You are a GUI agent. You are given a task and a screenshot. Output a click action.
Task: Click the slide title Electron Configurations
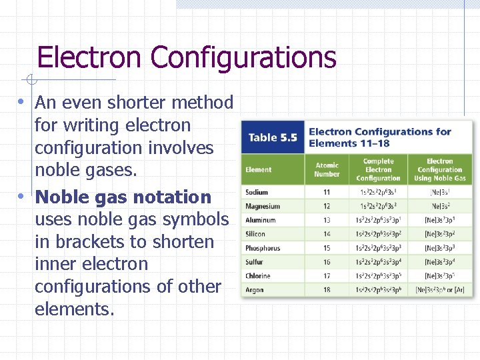point(187,57)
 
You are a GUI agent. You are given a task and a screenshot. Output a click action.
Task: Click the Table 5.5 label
point(272,137)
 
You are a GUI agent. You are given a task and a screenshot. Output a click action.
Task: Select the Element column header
point(259,170)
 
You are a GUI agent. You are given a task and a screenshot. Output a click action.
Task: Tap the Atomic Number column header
point(327,170)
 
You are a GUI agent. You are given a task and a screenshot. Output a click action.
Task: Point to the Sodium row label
point(257,193)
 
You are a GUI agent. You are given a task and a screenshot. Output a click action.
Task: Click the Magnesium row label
point(263,207)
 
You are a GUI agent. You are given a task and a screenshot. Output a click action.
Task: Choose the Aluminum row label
point(261,220)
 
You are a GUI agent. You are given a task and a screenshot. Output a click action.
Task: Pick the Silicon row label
point(255,234)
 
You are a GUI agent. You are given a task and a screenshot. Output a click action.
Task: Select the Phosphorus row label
point(263,248)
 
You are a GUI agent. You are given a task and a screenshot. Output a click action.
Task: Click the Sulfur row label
point(255,262)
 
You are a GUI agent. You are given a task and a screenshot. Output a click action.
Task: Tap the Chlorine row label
point(258,276)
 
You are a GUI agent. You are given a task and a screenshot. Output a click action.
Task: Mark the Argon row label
point(255,290)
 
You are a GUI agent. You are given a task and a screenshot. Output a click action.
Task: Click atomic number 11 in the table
point(327,193)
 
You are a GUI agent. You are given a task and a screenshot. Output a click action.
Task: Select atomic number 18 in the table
point(327,290)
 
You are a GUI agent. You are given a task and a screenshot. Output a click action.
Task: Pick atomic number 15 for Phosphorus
point(327,248)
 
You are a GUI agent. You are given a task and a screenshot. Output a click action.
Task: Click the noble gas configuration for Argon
point(440,290)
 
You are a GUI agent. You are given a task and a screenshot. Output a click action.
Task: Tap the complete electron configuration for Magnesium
point(378,207)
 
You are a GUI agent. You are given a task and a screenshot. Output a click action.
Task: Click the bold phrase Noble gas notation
point(123,197)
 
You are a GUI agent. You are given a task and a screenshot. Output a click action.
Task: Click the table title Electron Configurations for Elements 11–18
point(380,137)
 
